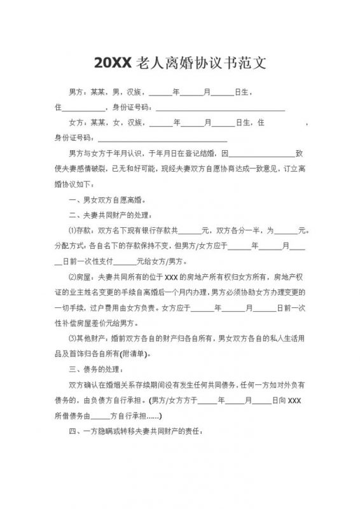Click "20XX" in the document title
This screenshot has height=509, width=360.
tap(113, 62)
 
